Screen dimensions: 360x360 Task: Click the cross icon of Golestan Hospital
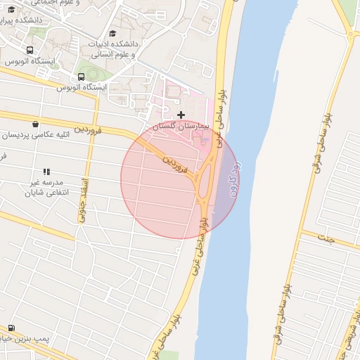[181, 114]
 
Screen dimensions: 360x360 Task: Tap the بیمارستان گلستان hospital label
[184, 125]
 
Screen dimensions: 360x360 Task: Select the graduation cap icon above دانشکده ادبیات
[112, 33]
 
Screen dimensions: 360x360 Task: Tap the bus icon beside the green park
[81, 77]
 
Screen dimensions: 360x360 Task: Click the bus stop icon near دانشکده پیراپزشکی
[29, 51]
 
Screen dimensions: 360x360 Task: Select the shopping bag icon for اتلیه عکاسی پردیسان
[36, 124]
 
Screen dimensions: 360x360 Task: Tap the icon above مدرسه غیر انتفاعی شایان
[47, 171]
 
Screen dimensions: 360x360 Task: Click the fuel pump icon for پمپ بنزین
[11, 328]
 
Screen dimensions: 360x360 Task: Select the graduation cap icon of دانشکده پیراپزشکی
[10, 9]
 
